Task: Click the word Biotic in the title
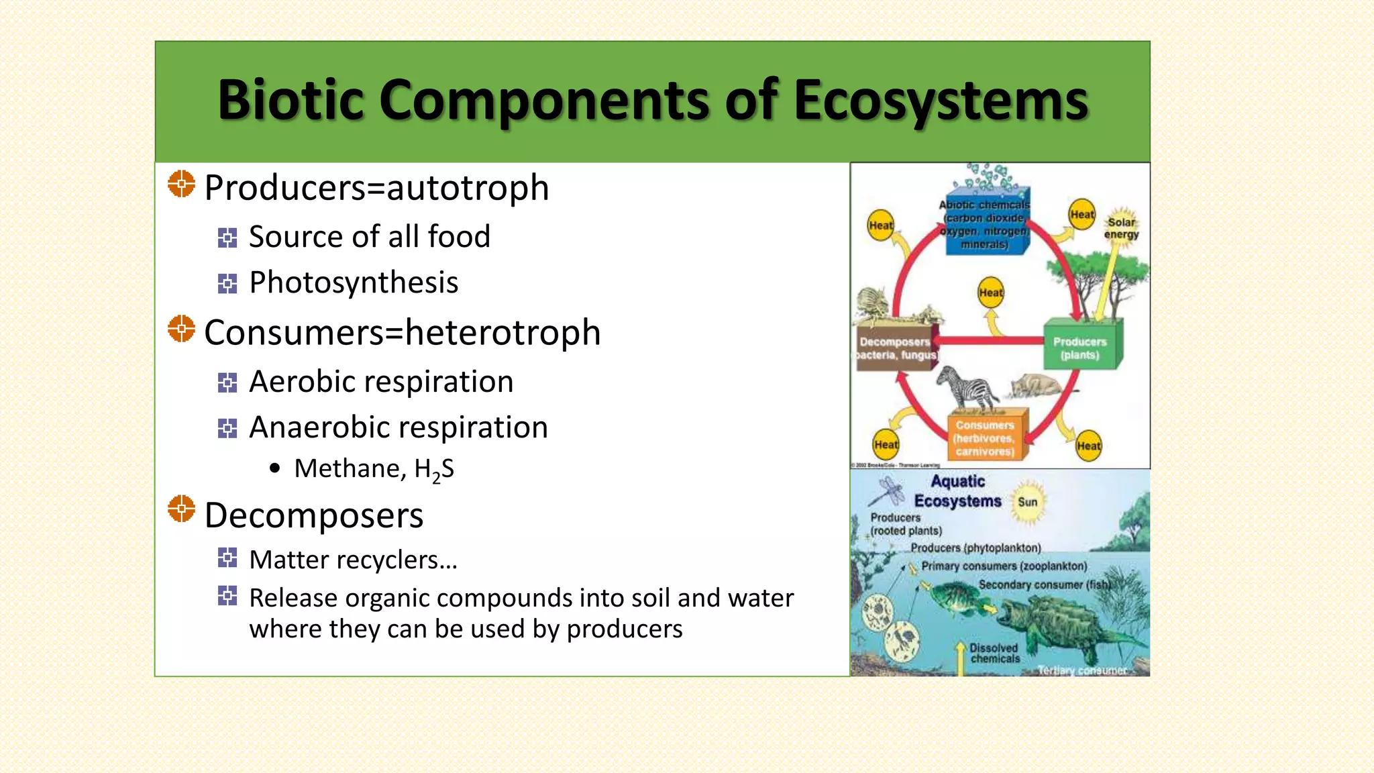click(x=290, y=101)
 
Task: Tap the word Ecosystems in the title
click(x=941, y=101)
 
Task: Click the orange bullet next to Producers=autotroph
click(x=181, y=184)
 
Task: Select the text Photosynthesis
click(x=354, y=282)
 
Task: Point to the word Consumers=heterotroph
click(x=402, y=333)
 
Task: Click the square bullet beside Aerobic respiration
click(x=227, y=382)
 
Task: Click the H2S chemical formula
click(x=434, y=469)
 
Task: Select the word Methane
click(x=350, y=468)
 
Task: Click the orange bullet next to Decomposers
click(x=181, y=509)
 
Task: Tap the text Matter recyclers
click(x=353, y=560)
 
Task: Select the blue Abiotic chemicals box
click(x=985, y=225)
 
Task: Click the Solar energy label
click(x=1122, y=227)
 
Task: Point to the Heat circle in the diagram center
click(x=991, y=293)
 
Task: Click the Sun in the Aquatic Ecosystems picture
click(x=1027, y=502)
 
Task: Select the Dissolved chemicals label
click(x=994, y=653)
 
